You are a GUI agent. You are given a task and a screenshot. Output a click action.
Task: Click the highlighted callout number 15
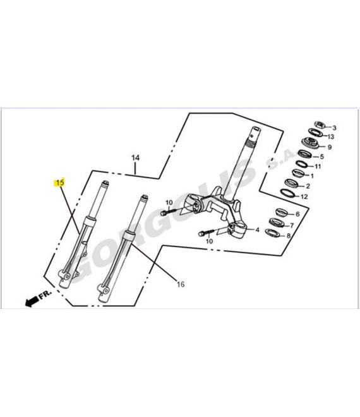click(60, 183)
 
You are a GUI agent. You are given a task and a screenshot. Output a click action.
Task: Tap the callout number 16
click(181, 284)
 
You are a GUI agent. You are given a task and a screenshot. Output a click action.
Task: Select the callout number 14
click(135, 158)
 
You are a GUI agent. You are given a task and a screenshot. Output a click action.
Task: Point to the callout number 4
click(257, 229)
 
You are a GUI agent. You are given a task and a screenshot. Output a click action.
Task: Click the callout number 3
click(334, 128)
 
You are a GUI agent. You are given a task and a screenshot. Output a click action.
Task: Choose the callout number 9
click(330, 147)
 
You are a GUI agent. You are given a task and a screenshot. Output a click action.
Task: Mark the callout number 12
click(304, 196)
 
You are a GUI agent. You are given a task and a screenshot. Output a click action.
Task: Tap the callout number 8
click(289, 236)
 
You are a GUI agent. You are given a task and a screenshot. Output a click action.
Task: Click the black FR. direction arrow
click(32, 301)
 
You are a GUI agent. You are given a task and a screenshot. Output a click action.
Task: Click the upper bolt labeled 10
click(168, 212)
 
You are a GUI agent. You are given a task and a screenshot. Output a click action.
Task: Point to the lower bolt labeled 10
click(206, 233)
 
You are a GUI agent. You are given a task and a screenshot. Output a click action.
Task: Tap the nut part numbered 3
click(320, 124)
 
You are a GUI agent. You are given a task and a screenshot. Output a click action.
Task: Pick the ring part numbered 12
click(287, 193)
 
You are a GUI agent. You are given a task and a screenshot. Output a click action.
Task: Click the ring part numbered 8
click(273, 232)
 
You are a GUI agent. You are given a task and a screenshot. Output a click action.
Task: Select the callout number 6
click(297, 214)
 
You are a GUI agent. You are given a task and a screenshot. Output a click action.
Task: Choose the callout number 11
click(318, 166)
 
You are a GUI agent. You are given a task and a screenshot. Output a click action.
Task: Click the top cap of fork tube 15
click(105, 183)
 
